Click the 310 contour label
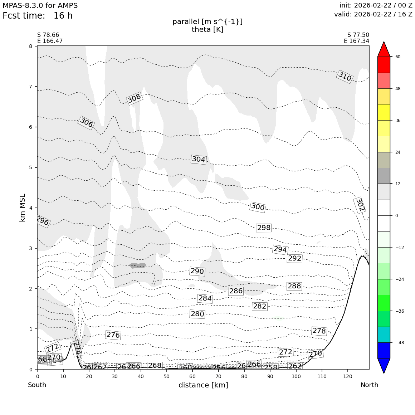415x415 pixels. pyautogui.click(x=345, y=76)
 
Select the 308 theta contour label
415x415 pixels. pyautogui.click(x=135, y=98)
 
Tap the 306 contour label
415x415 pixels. pyautogui.click(x=86, y=123)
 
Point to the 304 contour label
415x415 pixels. pyautogui.click(x=199, y=159)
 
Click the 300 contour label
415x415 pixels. pyautogui.click(x=258, y=207)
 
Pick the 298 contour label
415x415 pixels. pyautogui.click(x=264, y=228)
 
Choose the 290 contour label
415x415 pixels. pyautogui.click(x=197, y=271)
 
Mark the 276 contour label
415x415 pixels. pyautogui.click(x=113, y=335)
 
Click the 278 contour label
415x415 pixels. pyautogui.click(x=319, y=331)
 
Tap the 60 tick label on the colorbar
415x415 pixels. pyautogui.click(x=398, y=57)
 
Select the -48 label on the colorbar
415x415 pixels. pyautogui.click(x=400, y=343)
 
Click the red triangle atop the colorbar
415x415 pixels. pyautogui.click(x=384, y=49)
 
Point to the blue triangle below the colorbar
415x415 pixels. pyautogui.click(x=384, y=365)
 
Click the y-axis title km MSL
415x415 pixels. pyautogui.click(x=23, y=207)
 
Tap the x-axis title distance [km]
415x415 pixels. pyautogui.click(x=203, y=385)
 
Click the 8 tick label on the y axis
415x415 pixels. pyautogui.click(x=30, y=46)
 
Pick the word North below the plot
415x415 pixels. pyautogui.click(x=369, y=385)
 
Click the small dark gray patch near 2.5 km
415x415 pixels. pyautogui.click(x=138, y=265)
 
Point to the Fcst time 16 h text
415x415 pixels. pyautogui.click(x=38, y=16)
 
